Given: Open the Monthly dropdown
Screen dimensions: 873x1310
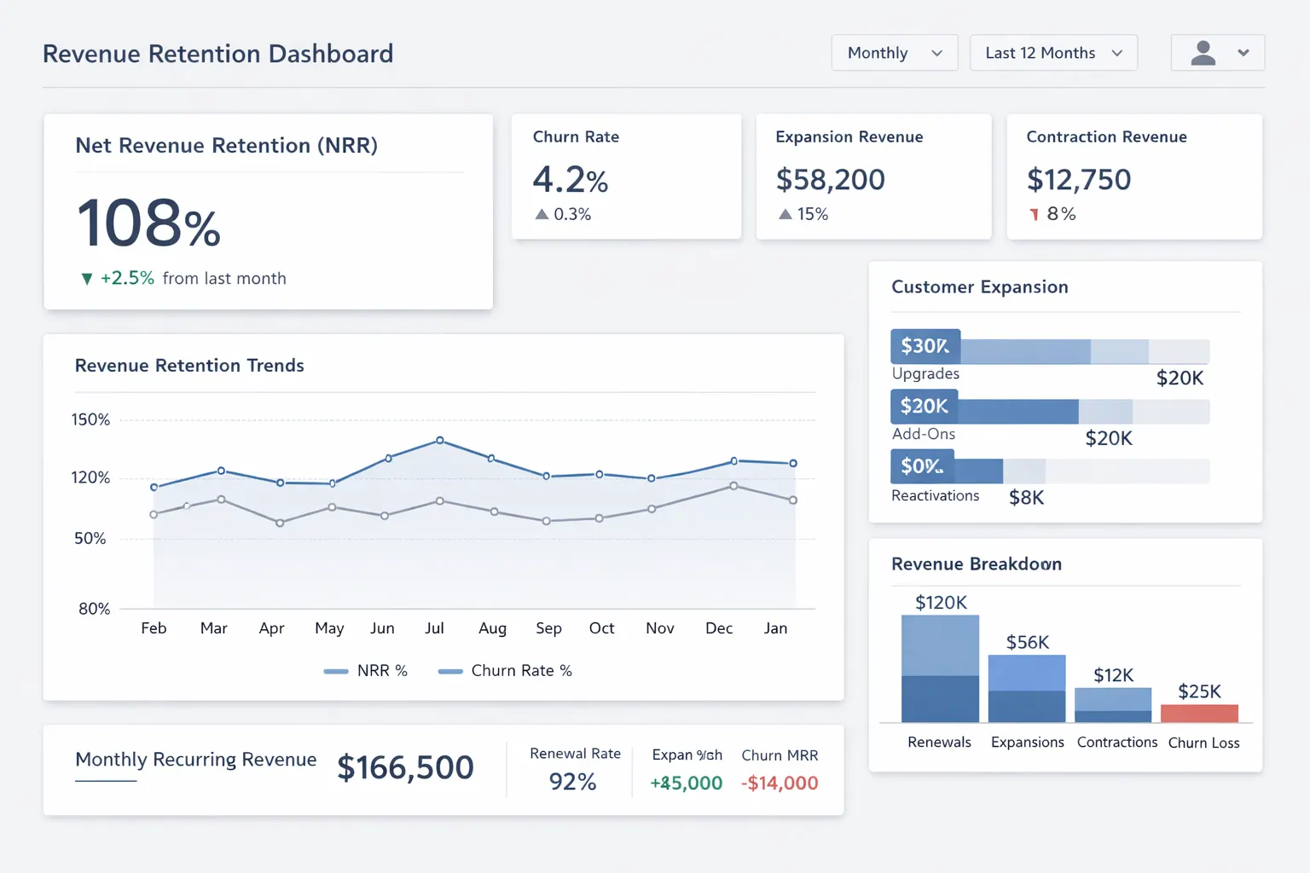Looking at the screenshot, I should [894, 53].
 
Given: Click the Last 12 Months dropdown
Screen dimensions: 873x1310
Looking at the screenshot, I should [1053, 53].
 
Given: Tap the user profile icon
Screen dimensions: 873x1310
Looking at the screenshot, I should [1203, 53].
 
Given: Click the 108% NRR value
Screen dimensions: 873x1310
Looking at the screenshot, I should [149, 223].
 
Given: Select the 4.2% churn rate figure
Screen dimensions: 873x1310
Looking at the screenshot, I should [570, 180].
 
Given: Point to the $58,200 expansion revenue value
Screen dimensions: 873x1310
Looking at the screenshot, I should [830, 180].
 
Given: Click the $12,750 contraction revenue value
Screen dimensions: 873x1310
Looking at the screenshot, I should [1078, 180].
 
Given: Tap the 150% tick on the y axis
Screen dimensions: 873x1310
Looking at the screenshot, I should [90, 419].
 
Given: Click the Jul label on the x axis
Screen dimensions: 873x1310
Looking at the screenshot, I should [434, 628].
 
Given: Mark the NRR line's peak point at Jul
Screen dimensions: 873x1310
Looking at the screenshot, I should [440, 440].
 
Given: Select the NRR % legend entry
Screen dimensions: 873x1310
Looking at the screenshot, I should [366, 671].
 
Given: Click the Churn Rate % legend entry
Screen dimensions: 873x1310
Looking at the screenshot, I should [505, 671].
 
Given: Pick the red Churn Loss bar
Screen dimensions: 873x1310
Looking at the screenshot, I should [1199, 714].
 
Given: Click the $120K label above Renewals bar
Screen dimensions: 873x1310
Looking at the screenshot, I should [941, 603].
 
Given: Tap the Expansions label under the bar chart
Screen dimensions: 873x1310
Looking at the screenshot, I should [1027, 743].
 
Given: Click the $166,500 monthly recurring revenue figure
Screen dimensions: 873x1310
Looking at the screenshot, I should [405, 767].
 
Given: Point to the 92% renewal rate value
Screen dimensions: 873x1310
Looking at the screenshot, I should [572, 782].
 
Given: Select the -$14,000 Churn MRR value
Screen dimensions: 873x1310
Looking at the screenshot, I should [780, 783].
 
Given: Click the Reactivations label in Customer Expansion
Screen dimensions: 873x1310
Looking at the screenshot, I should [935, 496].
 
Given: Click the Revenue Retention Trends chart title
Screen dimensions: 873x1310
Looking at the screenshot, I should [189, 366].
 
